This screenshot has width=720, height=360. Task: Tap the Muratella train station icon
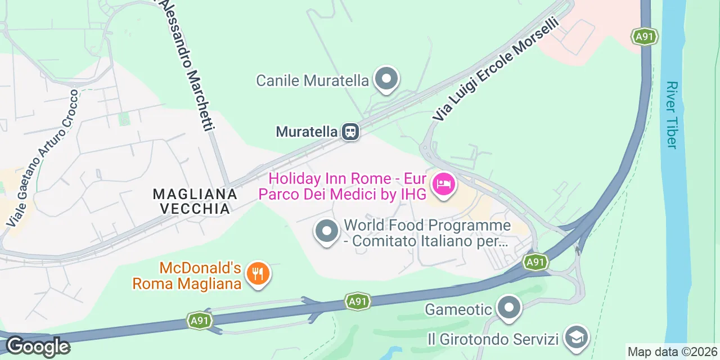[350, 132]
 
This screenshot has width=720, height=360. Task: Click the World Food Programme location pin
[326, 231]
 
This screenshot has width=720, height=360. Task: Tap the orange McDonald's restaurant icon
[258, 274]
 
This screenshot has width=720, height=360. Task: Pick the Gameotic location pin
[510, 308]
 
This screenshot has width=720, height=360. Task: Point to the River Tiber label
[670, 115]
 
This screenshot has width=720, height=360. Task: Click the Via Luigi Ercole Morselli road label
[496, 69]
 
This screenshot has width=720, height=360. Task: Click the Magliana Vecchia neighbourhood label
[195, 201]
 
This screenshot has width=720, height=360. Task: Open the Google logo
[37, 346]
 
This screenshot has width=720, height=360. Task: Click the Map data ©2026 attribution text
[672, 352]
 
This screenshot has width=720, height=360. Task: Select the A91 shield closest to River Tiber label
[644, 37]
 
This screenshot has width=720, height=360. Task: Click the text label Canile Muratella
[312, 80]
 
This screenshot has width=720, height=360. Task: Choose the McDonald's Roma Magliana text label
[187, 276]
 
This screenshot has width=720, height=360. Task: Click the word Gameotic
[458, 309]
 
